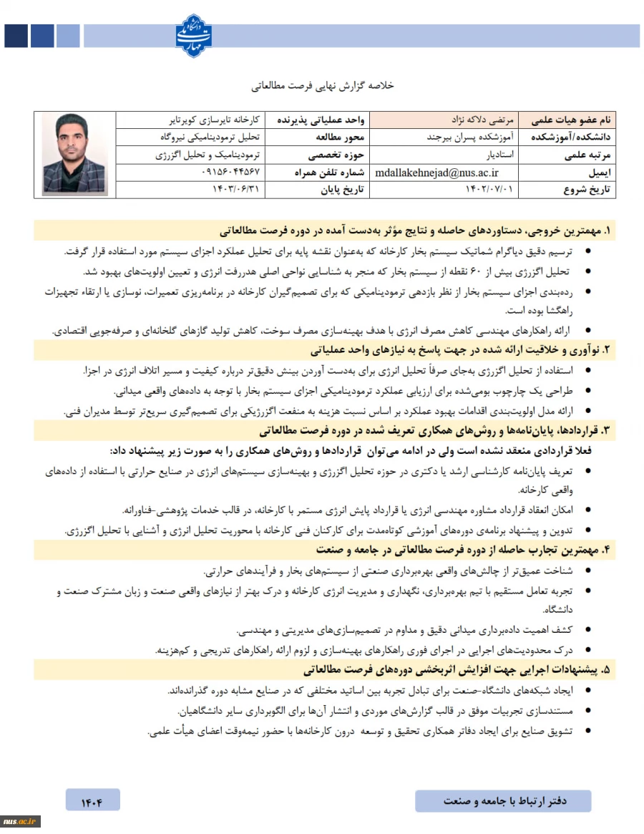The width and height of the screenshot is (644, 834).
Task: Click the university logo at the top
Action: tap(195, 35)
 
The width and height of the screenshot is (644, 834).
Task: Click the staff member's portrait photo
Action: tap(74, 154)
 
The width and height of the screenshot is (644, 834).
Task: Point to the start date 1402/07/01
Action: tap(493, 190)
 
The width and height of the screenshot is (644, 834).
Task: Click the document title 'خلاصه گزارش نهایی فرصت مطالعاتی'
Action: tap(322, 86)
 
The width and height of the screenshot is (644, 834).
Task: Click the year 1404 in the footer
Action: tap(92, 800)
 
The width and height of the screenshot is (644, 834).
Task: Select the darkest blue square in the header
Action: tap(15, 36)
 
